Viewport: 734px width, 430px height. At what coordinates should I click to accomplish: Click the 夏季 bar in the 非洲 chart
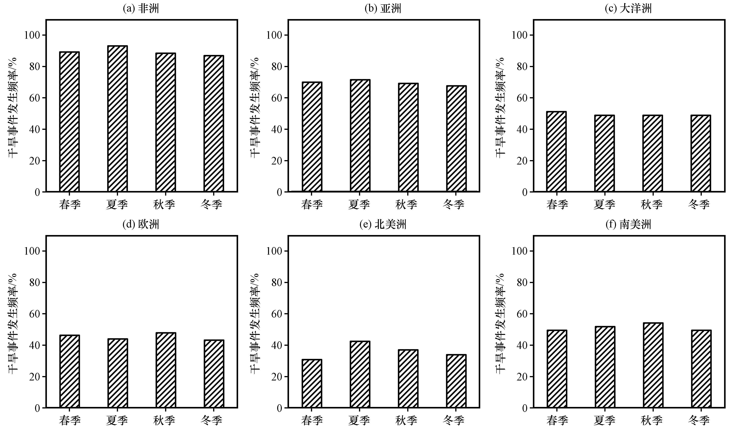pyautogui.click(x=117, y=119)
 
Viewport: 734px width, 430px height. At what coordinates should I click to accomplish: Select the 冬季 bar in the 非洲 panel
pyautogui.click(x=214, y=124)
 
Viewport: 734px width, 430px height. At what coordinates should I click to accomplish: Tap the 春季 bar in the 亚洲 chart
pyautogui.click(x=312, y=137)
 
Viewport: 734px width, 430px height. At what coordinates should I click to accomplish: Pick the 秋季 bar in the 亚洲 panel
pyautogui.click(x=408, y=137)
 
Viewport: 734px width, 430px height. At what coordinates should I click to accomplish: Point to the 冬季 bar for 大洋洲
pyautogui.click(x=701, y=153)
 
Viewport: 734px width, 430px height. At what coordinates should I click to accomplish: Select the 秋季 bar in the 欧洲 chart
pyautogui.click(x=166, y=370)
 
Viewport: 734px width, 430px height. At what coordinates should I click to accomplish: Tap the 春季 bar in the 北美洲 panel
pyautogui.click(x=312, y=383)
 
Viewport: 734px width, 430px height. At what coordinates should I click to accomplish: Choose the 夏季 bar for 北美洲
pyautogui.click(x=360, y=374)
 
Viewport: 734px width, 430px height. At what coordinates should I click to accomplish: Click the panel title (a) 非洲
pyautogui.click(x=141, y=9)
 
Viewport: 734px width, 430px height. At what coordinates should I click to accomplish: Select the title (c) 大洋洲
pyautogui.click(x=628, y=9)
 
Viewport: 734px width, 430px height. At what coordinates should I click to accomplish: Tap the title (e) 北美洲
pyautogui.click(x=383, y=225)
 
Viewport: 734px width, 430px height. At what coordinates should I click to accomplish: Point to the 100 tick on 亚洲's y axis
pyautogui.click(x=274, y=35)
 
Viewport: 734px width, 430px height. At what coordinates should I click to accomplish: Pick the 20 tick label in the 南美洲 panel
pyautogui.click(x=522, y=377)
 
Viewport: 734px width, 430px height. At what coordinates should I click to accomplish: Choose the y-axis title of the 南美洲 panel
pyautogui.click(x=500, y=323)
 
